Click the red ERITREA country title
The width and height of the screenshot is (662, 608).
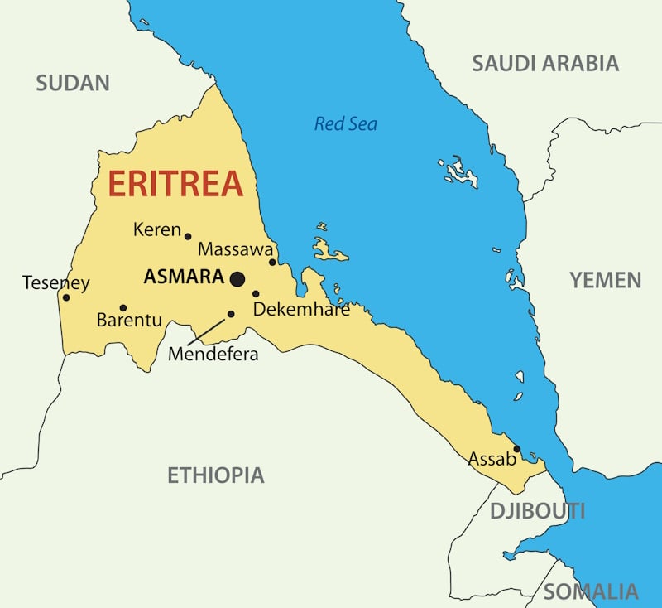tap(175, 183)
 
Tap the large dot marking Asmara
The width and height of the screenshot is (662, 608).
tap(237, 279)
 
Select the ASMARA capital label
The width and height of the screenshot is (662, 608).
tap(183, 277)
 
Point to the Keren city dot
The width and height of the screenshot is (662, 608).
tap(188, 236)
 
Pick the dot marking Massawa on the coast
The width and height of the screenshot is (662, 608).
tap(272, 263)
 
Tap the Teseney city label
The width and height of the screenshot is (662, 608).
tap(55, 282)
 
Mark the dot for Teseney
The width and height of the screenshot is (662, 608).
tap(66, 297)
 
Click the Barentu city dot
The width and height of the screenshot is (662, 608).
tap(123, 307)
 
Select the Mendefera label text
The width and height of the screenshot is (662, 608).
tap(213, 355)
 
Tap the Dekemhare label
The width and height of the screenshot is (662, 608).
tap(301, 310)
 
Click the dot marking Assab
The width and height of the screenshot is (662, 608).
tap(516, 449)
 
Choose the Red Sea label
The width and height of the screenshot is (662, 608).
tap(345, 124)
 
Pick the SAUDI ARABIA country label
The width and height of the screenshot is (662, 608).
tap(544, 63)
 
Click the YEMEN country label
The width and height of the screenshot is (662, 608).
tap(605, 280)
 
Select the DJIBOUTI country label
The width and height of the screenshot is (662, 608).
tap(537, 510)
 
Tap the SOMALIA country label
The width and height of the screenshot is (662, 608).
tap(591, 591)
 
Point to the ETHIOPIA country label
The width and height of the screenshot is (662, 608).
tap(216, 475)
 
